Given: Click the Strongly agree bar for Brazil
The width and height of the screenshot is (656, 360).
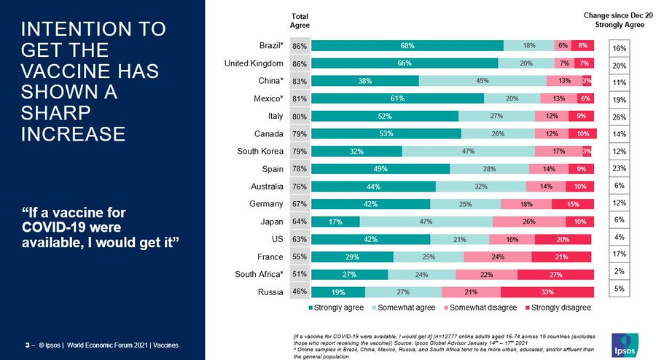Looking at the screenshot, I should pyautogui.click(x=407, y=46).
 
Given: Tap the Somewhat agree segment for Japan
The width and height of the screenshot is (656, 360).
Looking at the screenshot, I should pyautogui.click(x=426, y=222).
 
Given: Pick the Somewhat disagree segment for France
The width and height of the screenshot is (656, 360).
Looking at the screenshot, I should pyautogui.click(x=499, y=257).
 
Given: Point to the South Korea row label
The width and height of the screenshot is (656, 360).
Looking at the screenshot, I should pyautogui.click(x=264, y=151).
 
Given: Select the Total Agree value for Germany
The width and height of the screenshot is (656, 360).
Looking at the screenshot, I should pyautogui.click(x=299, y=203).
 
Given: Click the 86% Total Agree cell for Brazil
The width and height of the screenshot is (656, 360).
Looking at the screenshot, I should pyautogui.click(x=299, y=46).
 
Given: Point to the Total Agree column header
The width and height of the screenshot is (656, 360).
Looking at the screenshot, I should pyautogui.click(x=300, y=20).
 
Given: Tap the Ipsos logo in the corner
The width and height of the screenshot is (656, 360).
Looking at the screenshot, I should pyautogui.click(x=625, y=342).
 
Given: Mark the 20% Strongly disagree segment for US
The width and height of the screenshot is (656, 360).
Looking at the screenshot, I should pyautogui.click(x=563, y=239).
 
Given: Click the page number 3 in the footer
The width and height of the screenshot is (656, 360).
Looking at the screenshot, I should pyautogui.click(x=27, y=344).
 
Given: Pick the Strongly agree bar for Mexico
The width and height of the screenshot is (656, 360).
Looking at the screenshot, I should pyautogui.click(x=398, y=98).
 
